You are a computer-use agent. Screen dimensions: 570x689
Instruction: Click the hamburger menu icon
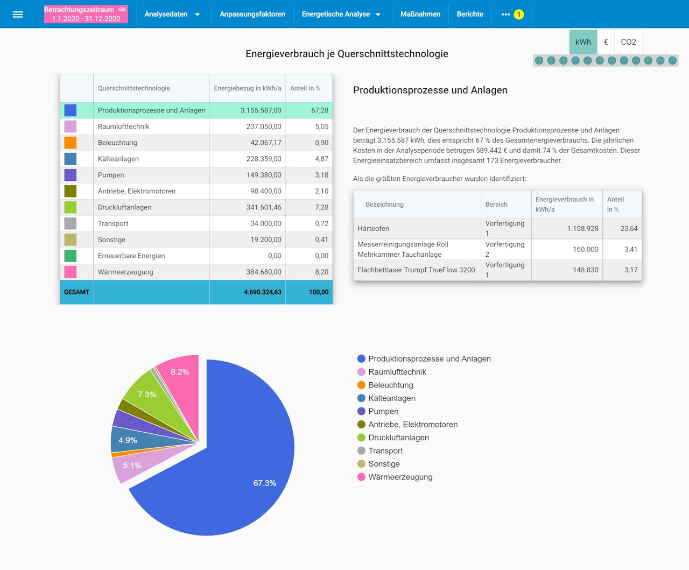pos(18,15)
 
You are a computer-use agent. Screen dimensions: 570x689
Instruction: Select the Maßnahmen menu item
pos(420,15)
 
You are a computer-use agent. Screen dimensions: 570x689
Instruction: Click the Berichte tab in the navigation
pos(470,15)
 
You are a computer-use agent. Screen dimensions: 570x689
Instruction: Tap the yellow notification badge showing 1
pos(519,15)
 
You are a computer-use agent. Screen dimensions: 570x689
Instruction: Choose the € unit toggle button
pos(606,42)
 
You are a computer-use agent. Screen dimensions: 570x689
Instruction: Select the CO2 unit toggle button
pos(628,42)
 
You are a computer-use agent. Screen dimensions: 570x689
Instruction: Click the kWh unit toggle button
pos(583,42)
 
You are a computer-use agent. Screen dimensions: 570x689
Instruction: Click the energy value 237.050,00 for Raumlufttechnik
pos(264,126)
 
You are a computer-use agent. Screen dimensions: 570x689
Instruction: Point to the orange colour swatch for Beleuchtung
pos(71,143)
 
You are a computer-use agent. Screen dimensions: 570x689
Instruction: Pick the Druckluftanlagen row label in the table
pos(124,207)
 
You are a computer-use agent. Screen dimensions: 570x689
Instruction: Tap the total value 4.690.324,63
pos(263,292)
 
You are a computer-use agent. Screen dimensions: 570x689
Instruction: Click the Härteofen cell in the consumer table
pos(374,229)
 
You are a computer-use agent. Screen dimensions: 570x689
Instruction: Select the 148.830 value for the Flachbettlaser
pos(585,270)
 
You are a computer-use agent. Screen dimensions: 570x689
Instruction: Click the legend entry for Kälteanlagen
pos(391,398)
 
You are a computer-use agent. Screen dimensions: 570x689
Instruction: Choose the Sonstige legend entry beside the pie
pos(384,464)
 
